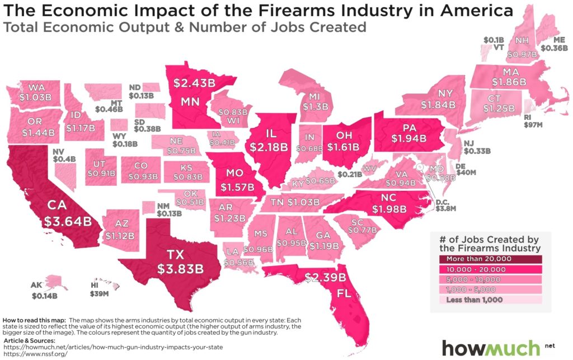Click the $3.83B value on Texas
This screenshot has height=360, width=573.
(x=180, y=269)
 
